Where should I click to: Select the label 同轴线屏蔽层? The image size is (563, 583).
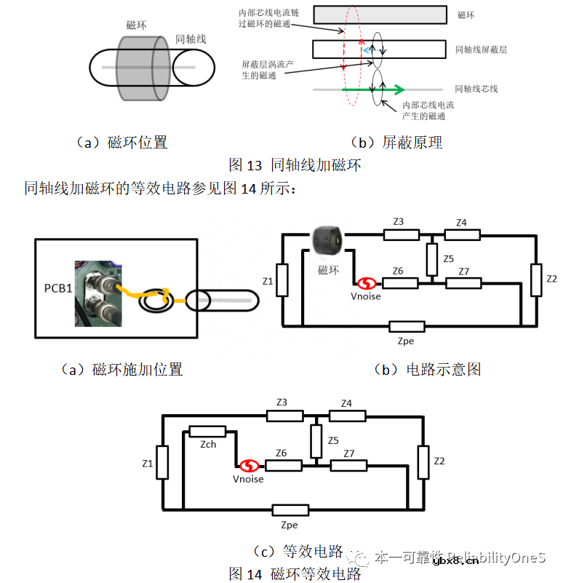(481, 49)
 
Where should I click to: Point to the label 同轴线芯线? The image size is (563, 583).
(476, 89)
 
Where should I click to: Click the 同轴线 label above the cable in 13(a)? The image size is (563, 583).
(191, 39)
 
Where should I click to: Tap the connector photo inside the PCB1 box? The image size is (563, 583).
(97, 293)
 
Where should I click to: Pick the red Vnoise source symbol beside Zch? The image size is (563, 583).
(250, 465)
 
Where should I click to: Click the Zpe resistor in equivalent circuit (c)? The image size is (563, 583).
(289, 510)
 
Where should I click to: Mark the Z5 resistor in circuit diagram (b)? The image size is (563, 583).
(432, 256)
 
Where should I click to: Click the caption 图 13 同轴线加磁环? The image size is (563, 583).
(295, 164)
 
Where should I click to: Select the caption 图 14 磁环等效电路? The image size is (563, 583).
(295, 574)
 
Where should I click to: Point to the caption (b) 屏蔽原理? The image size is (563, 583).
(396, 143)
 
